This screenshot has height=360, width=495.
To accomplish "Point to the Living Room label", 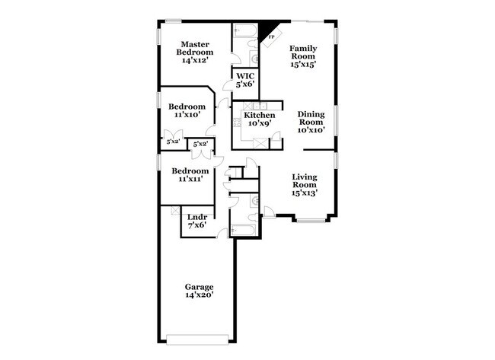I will (x=304, y=183).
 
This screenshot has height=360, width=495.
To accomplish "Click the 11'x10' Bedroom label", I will (x=187, y=110).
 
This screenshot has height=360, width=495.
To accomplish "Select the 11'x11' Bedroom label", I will (x=190, y=175).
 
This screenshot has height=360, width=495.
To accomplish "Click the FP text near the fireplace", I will (x=272, y=37).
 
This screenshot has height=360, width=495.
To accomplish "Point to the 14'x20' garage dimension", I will (x=198, y=296).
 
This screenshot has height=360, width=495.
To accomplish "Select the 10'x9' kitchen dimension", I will (x=259, y=123).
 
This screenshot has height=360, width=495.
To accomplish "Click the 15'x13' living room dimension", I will (x=304, y=193).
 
